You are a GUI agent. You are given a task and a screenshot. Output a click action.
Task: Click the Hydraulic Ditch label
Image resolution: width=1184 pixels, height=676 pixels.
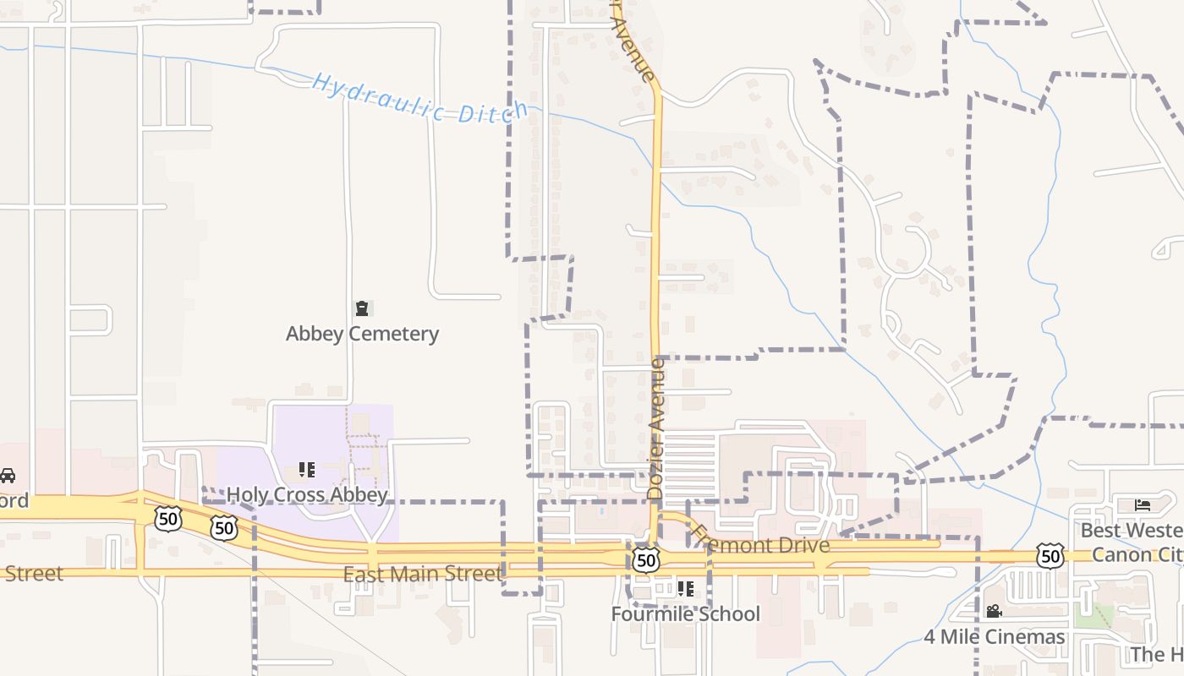tap(419, 99)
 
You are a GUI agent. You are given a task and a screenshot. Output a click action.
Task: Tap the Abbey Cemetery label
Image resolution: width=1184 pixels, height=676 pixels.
tap(362, 334)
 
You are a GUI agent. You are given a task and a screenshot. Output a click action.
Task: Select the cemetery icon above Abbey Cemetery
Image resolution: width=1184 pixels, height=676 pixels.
tap(362, 308)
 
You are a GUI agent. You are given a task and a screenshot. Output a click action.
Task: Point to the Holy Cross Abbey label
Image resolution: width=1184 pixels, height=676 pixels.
tap(307, 494)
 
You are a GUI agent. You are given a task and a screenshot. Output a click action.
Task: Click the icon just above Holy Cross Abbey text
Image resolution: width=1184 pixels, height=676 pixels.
tap(306, 469)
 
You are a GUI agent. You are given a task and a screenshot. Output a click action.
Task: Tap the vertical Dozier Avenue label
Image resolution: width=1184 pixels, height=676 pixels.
tap(656, 427)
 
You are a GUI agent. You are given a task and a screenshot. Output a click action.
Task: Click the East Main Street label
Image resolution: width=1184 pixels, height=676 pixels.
tap(422, 575)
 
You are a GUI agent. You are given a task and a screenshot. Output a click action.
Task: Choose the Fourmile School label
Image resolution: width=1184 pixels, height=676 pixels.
tap(686, 614)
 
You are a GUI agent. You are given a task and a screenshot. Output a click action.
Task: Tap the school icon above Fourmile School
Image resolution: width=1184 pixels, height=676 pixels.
tap(685, 588)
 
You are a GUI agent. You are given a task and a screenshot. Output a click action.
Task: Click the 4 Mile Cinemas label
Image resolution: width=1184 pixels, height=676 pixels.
tap(994, 636)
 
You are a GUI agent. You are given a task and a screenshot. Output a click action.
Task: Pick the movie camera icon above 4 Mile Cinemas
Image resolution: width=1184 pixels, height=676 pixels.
tap(994, 610)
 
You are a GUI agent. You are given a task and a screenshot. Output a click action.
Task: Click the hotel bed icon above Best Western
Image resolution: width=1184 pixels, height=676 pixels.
tap(1143, 505)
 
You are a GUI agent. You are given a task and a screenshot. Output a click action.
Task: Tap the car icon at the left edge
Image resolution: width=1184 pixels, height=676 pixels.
tap(8, 476)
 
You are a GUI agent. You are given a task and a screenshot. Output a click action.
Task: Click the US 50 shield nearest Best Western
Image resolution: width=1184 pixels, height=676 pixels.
tap(1050, 556)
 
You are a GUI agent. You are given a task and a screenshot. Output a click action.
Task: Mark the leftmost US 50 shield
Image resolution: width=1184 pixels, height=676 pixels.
tap(167, 518)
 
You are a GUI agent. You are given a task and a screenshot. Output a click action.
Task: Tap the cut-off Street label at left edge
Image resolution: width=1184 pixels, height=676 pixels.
tap(32, 574)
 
